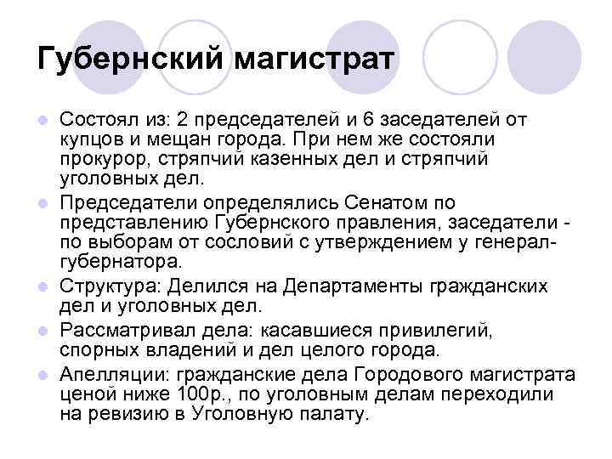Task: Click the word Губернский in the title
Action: [129, 60]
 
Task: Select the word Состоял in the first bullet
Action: [95, 119]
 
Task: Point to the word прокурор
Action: [96, 160]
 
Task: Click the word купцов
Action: [88, 139]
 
